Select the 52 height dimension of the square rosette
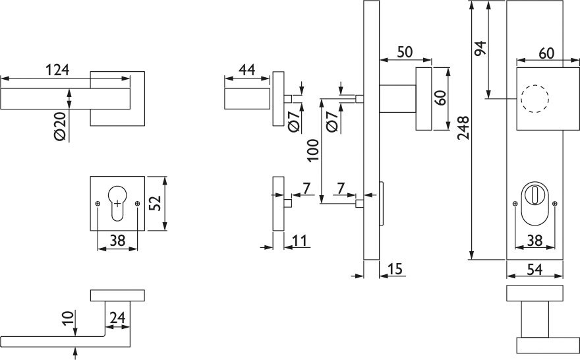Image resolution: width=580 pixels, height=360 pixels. (x=155, y=203)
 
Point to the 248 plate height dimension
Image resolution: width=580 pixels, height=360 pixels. (x=463, y=129)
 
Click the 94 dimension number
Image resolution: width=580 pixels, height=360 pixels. (x=480, y=49)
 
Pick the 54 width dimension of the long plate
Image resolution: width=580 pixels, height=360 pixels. (x=535, y=269)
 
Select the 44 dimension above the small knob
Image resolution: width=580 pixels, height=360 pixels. (x=247, y=69)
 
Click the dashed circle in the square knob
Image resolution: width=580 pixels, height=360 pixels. (x=533, y=100)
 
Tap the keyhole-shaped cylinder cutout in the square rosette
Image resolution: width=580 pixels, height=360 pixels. (x=117, y=202)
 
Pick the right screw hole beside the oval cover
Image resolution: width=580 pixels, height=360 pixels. (x=555, y=204)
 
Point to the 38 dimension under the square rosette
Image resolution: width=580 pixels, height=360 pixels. (x=117, y=242)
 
